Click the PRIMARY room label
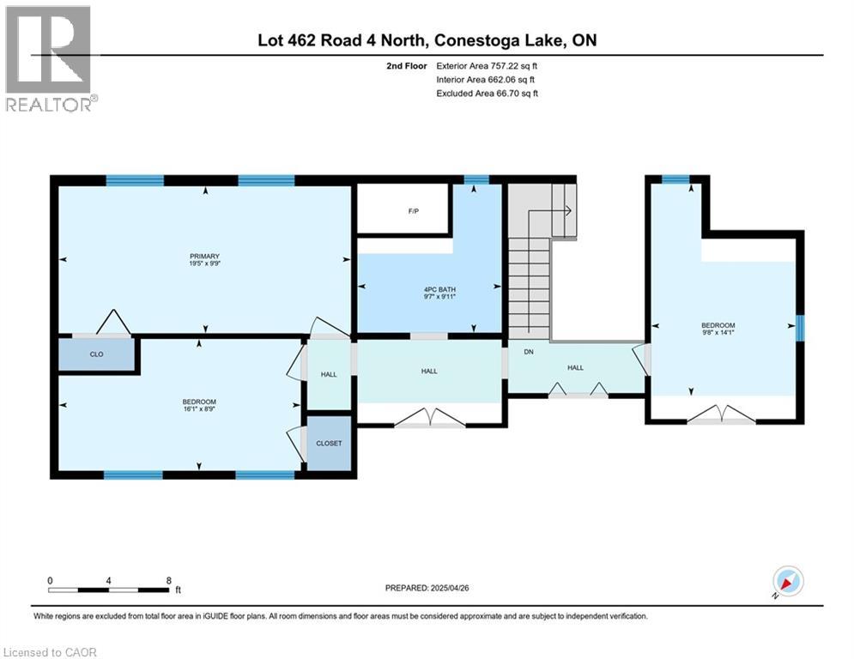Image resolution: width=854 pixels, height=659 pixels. click(x=205, y=256)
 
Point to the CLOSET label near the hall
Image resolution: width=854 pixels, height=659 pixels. click(x=329, y=444)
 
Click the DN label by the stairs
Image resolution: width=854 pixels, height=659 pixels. click(x=519, y=352)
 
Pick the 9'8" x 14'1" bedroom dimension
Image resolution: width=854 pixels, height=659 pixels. click(x=718, y=335)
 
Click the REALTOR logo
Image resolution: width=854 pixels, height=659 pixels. click(x=49, y=58)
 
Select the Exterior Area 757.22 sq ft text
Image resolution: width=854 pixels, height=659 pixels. click(x=488, y=65)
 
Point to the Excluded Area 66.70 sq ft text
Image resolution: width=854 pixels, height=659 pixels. click(x=488, y=94)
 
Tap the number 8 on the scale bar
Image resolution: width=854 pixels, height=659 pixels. click(x=168, y=580)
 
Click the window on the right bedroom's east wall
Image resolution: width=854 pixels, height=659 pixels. click(x=799, y=328)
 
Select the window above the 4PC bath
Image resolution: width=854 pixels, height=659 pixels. click(x=475, y=180)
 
